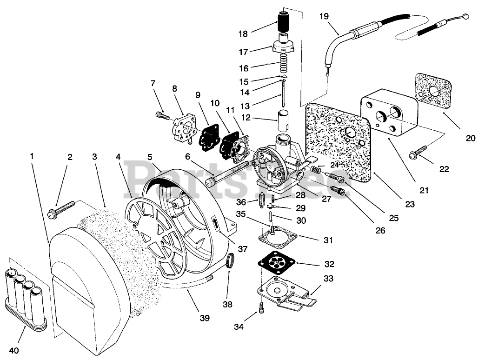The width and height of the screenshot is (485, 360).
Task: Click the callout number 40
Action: tap(14, 350)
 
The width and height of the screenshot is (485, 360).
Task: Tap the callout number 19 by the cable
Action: tap(324, 16)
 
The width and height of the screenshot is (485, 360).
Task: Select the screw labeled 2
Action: tap(61, 209)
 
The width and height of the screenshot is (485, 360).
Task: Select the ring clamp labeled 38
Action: tap(230, 261)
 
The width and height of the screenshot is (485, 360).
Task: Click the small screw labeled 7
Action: tap(163, 116)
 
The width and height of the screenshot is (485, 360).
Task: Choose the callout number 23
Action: tap(410, 204)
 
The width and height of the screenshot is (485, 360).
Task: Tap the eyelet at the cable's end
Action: tap(465, 15)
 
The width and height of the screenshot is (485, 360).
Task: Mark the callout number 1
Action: tap(32, 156)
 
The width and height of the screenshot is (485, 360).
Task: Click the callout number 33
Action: tap(328, 279)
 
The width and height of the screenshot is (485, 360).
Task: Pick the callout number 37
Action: tap(243, 249)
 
